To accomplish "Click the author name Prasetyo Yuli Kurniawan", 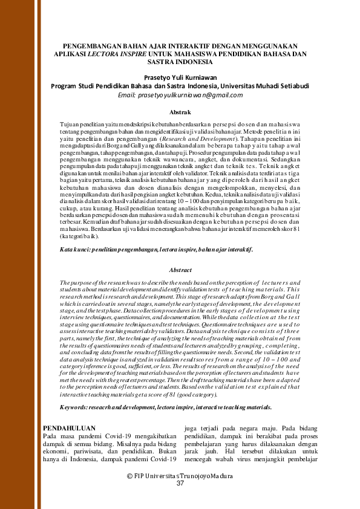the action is (x=180, y=77).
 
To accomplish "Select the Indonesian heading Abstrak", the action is (x=180, y=112).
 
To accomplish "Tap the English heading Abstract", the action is (x=180, y=270).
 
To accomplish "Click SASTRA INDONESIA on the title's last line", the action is (x=180, y=61).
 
